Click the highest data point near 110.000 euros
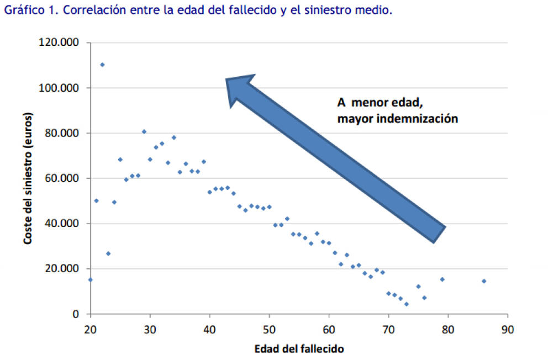click(102, 65)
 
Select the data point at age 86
click(484, 281)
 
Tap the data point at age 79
click(442, 279)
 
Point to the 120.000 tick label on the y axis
click(59, 43)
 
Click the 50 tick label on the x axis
click(269, 329)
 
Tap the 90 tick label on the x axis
click(508, 329)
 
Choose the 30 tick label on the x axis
click(150, 329)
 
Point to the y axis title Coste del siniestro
click(27, 178)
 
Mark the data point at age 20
click(90, 280)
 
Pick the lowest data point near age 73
click(406, 304)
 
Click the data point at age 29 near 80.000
click(144, 131)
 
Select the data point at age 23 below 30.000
click(108, 253)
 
